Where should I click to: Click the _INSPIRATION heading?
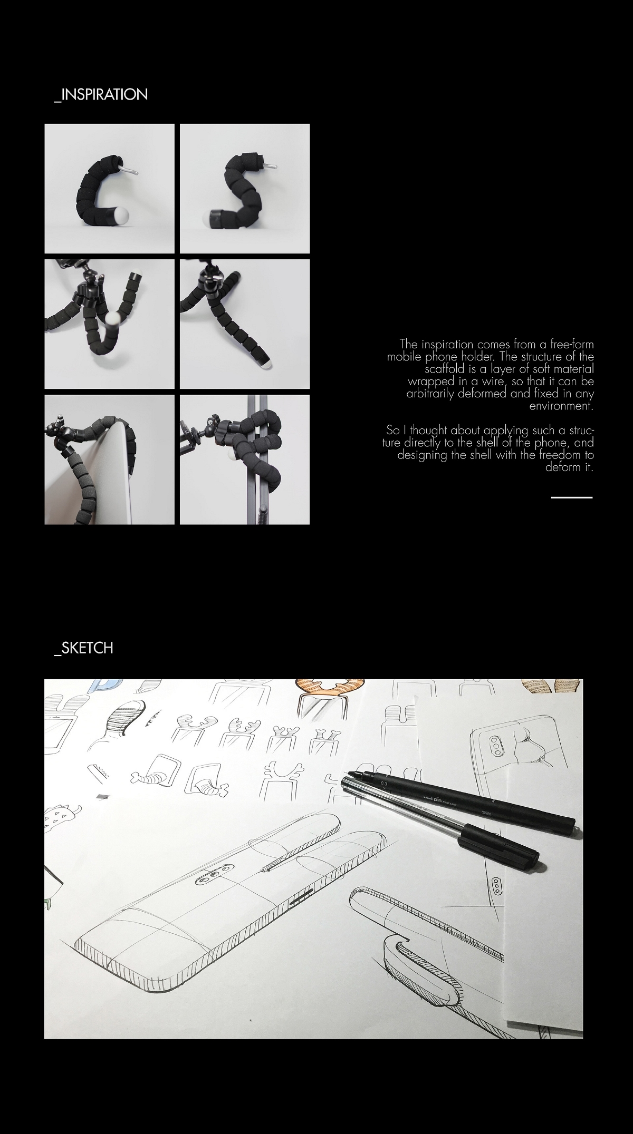(101, 95)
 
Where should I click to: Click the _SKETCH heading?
(83, 648)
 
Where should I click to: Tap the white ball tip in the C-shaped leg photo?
(121, 216)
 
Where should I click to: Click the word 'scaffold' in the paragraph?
(445, 369)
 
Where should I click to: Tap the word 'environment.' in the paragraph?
(561, 406)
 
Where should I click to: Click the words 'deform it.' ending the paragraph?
(569, 467)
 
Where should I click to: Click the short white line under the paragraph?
(572, 497)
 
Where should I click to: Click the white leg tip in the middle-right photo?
(268, 364)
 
